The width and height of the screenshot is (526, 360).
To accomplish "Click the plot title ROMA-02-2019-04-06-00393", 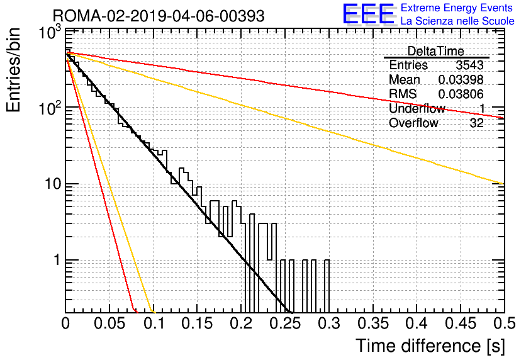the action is tap(159, 16).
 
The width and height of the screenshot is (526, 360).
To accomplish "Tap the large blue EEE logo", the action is tap(369, 14).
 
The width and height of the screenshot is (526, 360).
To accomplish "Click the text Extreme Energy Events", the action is tap(457, 8).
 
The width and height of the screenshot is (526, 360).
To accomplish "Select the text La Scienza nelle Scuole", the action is tap(457, 21).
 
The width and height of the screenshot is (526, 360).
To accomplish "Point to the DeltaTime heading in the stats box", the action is tap(436, 51).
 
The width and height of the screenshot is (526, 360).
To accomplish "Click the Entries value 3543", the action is tap(469, 65).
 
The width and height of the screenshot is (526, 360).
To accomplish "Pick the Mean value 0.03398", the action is tap(461, 79).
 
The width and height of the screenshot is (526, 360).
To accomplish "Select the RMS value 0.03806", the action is tap(461, 94).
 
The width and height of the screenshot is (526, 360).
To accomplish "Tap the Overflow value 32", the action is tap(477, 123).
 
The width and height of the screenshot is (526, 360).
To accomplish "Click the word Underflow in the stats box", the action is tap(417, 108).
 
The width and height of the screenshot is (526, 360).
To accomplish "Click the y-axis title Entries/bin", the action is tap(13, 70).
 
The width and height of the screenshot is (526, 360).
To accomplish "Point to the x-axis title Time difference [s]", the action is tap(430, 346).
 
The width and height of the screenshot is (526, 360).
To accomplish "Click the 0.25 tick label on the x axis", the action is tap(286, 323).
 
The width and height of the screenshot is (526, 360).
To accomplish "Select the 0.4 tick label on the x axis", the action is tap(417, 323).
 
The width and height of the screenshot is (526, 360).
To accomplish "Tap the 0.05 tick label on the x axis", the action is tap(109, 323).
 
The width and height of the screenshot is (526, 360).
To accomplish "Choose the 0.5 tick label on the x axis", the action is tap(505, 323).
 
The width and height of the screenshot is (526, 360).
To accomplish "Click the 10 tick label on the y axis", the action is tap(53, 184).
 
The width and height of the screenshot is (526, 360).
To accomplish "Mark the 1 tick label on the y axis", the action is tap(57, 260).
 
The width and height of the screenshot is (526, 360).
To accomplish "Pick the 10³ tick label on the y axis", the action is tap(51, 32).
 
